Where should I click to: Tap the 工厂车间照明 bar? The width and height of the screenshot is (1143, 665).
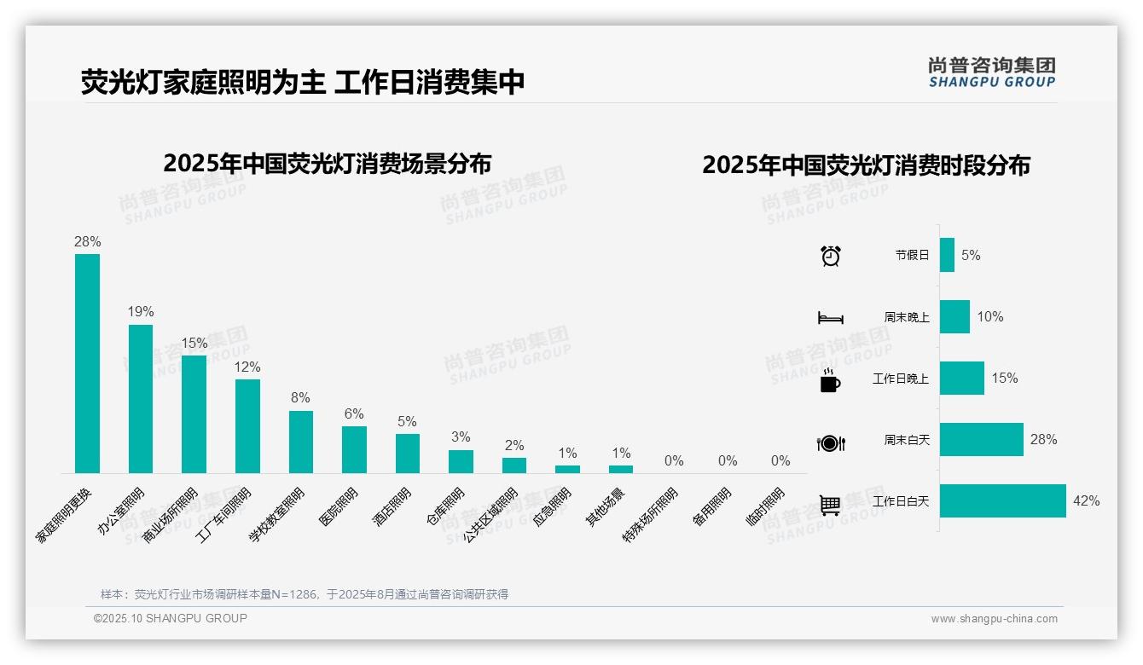[247, 425]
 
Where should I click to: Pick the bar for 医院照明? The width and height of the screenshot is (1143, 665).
[354, 449]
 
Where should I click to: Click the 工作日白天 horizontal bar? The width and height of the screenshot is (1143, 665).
[1002, 500]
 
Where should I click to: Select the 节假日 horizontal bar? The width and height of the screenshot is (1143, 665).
[947, 255]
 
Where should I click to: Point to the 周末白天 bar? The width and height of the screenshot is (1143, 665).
[981, 439]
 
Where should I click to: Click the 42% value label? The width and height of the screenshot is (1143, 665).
[1086, 501]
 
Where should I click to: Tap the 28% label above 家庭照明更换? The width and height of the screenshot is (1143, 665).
[87, 242]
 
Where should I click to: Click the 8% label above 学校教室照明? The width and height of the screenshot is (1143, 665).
[300, 398]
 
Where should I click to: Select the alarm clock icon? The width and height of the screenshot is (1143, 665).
[830, 256]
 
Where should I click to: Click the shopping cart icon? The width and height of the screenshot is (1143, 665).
[830, 505]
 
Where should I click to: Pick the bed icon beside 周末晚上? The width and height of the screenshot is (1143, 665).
[830, 318]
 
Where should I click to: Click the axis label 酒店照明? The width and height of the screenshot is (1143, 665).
[393, 506]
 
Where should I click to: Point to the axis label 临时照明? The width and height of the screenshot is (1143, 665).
[765, 507]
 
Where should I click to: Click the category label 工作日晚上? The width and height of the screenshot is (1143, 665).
[900, 379]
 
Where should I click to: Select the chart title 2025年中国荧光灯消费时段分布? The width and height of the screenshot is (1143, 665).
[866, 165]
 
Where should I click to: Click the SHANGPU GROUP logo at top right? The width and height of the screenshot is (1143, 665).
[991, 72]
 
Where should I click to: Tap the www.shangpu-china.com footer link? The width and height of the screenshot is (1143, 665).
[994, 619]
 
